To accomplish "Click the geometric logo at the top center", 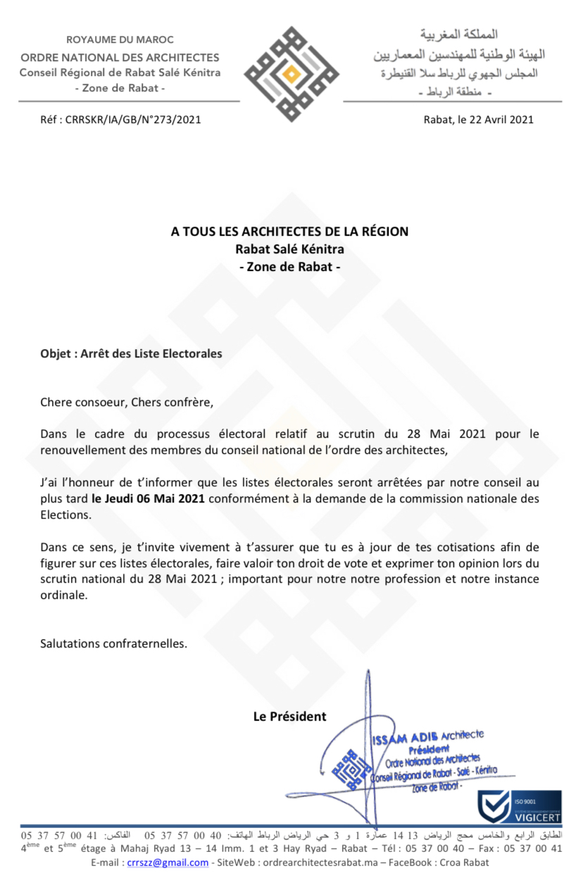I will tap(291, 73).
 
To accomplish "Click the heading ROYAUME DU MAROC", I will tap(120, 40).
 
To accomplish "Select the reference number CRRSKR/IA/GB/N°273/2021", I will tap(133, 120).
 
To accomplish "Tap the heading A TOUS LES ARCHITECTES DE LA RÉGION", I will tap(289, 232).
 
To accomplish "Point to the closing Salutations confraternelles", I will tap(114, 643).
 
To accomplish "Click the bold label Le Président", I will tap(290, 716).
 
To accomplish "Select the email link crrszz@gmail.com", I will tap(168, 863).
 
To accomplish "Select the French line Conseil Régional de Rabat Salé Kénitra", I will tap(120, 73).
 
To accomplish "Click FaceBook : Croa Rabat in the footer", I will tap(450, 863).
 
